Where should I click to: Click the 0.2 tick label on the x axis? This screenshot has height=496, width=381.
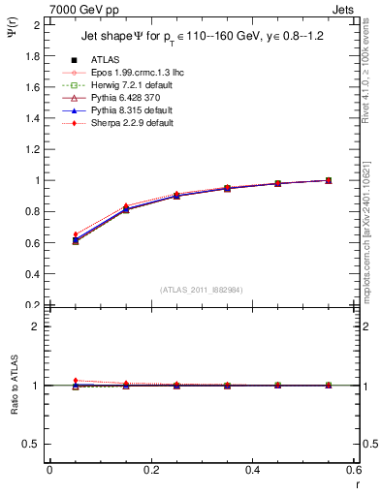click(x=150, y=470)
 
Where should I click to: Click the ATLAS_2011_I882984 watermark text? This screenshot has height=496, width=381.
click(x=201, y=290)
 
